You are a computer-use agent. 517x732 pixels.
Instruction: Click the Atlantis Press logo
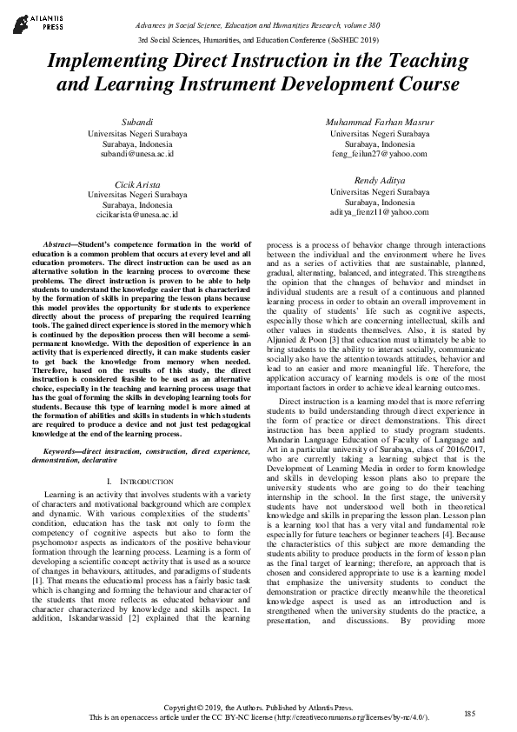pos(34,20)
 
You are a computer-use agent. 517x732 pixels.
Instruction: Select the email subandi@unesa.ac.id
pos(136,153)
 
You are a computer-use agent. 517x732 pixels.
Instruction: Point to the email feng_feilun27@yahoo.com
pos(380,153)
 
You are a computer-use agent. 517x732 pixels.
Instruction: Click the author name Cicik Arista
pos(136,185)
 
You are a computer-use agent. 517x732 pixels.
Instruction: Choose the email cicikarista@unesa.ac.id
pos(136,214)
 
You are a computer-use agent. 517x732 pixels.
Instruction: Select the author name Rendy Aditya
pos(380,180)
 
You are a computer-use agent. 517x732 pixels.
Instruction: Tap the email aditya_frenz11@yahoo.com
pos(380,210)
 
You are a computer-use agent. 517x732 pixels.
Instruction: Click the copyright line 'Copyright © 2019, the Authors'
pos(258,709)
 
